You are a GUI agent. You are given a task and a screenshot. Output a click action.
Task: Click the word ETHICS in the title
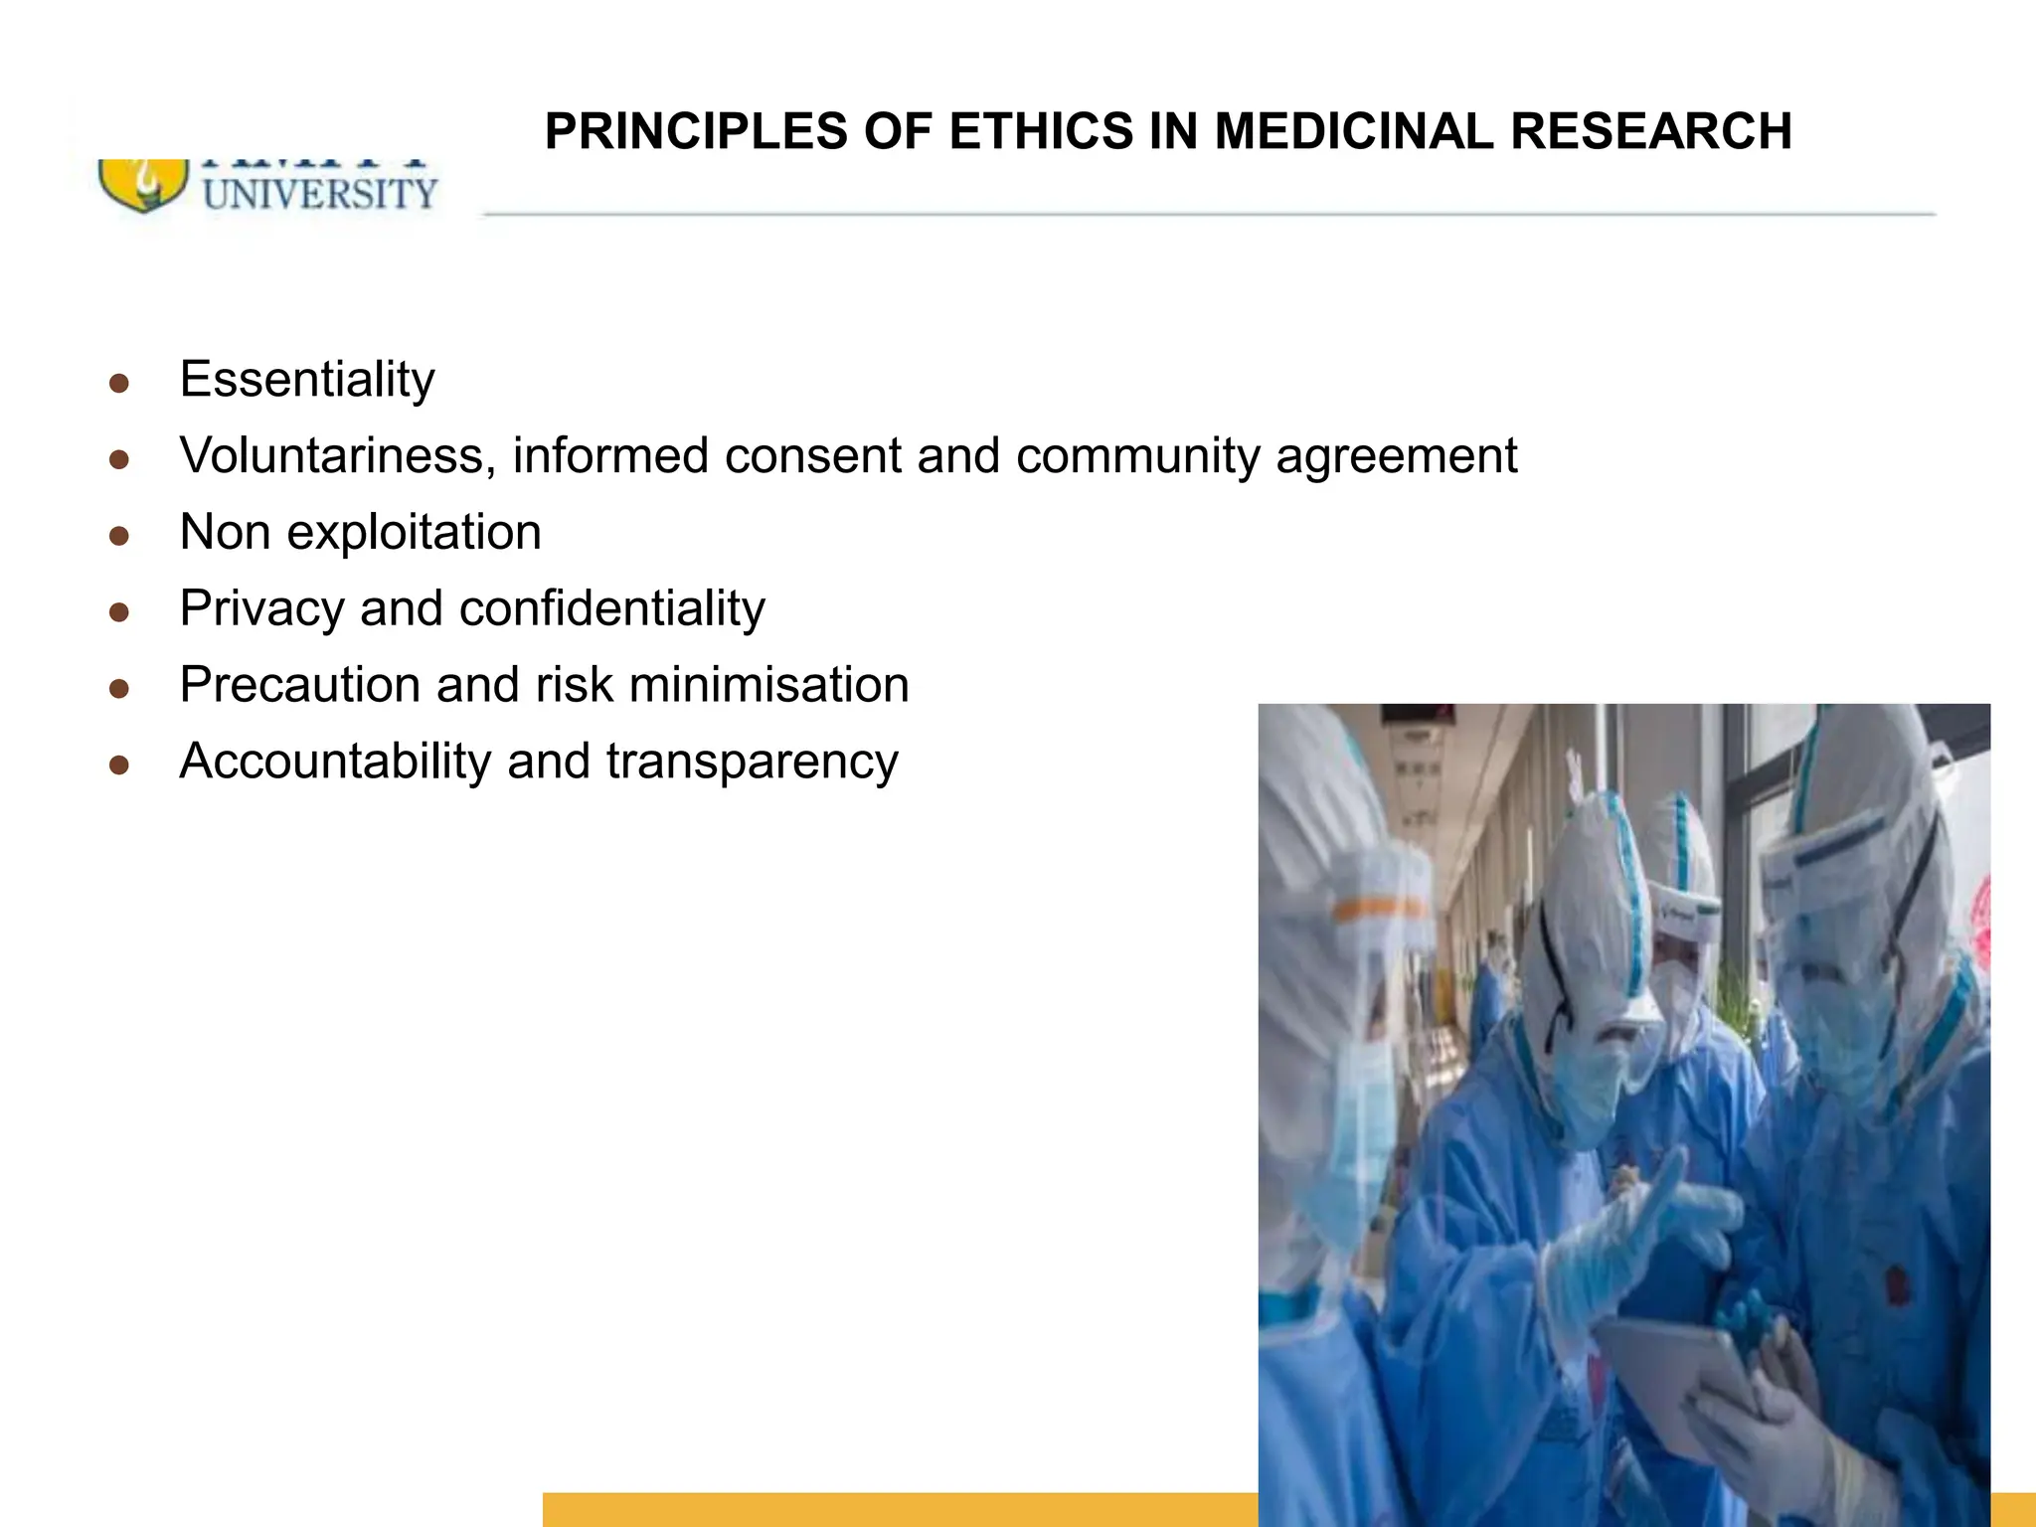click(1041, 131)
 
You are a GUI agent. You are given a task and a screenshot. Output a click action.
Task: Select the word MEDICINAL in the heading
click(1354, 131)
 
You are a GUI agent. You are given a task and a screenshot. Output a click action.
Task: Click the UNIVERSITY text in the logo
click(320, 194)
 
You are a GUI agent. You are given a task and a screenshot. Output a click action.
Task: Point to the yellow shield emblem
click(142, 186)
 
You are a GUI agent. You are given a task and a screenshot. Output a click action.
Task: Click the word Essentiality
click(307, 380)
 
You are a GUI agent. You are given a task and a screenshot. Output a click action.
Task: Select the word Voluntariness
click(337, 456)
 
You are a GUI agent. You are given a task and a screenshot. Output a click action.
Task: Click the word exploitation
click(414, 532)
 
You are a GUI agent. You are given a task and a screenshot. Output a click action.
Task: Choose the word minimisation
click(768, 685)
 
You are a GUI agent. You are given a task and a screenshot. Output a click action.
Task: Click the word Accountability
click(335, 762)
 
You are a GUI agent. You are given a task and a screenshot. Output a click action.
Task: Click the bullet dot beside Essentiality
click(119, 384)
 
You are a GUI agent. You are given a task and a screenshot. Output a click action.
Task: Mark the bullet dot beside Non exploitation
click(119, 537)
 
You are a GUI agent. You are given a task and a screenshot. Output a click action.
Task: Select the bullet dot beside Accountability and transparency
click(119, 764)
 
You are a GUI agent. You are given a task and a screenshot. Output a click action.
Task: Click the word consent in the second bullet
click(812, 456)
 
